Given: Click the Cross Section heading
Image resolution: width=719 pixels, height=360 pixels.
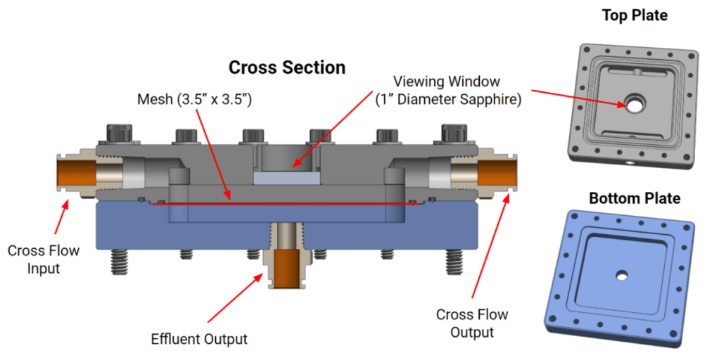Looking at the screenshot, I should pos(287,67).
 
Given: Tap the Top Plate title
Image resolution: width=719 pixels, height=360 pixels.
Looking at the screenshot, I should pos(635,15).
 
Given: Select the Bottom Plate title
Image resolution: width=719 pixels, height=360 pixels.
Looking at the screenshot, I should pos(635,198).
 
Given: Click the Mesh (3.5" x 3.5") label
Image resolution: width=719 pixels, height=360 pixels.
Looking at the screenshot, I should pos(194,100).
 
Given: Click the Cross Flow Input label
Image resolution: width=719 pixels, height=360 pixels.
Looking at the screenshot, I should pos(44,259).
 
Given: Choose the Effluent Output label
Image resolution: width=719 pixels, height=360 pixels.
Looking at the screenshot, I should pos(199,339).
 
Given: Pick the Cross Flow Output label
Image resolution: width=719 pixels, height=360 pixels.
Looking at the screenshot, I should pos(472,323).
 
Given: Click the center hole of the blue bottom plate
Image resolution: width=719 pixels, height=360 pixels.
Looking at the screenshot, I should pos(621,276).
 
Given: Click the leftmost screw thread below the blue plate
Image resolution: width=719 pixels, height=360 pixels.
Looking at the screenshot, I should pos(118,262).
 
